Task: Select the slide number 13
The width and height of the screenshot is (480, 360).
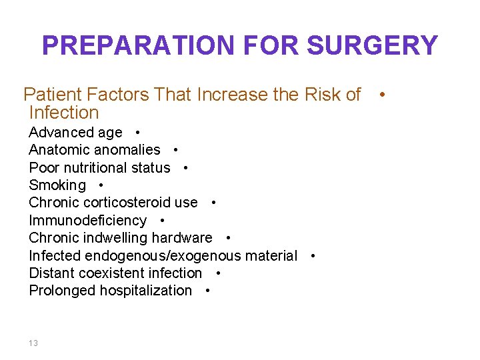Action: coord(33,343)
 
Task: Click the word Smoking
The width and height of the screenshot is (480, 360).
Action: coord(57,185)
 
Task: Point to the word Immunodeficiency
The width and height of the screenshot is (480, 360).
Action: coord(87,221)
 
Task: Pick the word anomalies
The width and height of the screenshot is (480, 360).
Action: coord(127,150)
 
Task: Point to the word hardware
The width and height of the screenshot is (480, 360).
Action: coord(181,238)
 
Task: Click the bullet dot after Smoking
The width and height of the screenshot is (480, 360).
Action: coord(100,185)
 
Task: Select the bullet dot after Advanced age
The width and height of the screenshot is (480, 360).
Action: coord(136,133)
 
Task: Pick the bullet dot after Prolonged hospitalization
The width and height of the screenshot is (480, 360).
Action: coord(209,291)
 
